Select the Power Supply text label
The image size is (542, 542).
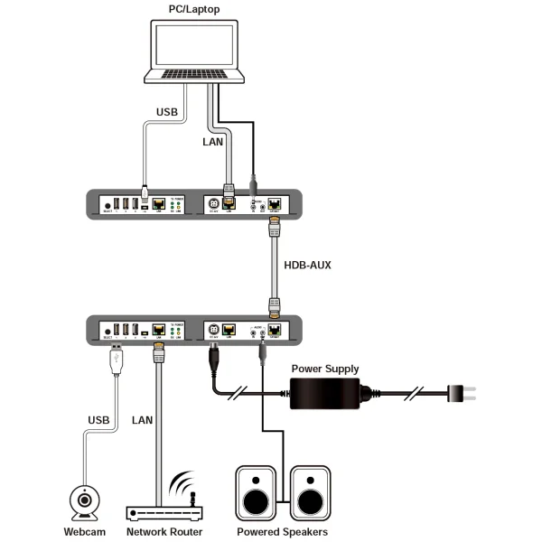[324, 369]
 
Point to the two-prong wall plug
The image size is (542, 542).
[469, 393]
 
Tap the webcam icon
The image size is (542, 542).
[85, 501]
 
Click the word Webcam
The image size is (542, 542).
[85, 532]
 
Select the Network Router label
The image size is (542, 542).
[164, 532]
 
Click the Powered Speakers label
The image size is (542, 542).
[282, 532]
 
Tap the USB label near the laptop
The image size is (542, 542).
[168, 112]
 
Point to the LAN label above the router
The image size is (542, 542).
[143, 419]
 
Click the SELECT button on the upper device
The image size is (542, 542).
[107, 205]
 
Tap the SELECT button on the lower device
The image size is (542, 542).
[107, 330]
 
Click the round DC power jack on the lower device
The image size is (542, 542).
[214, 330]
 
